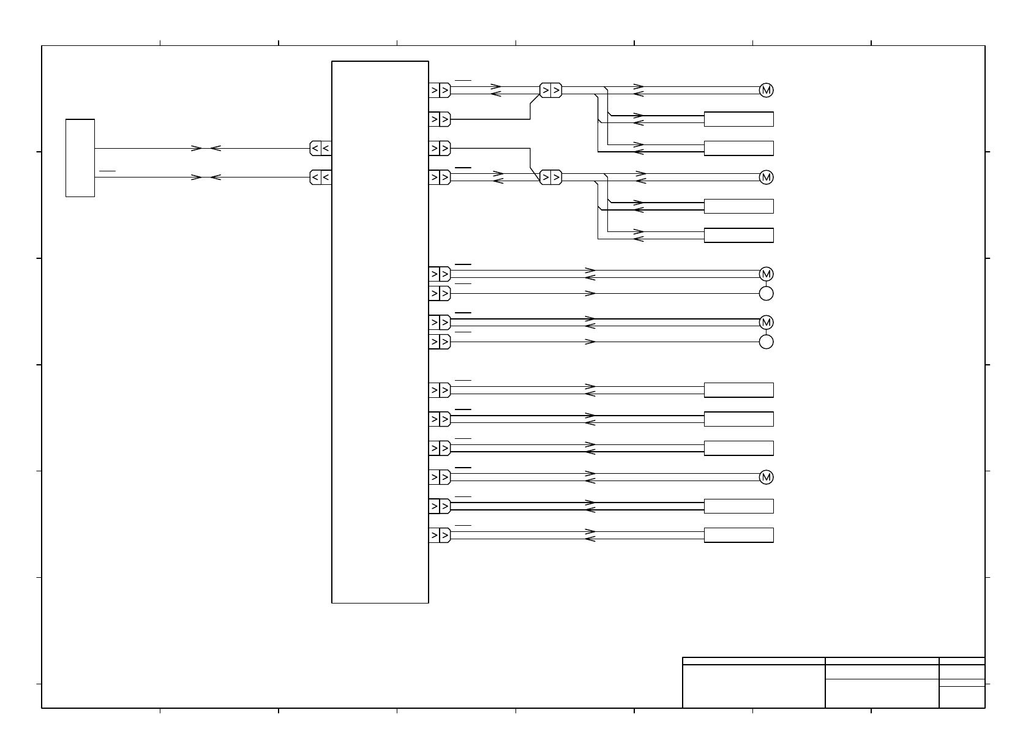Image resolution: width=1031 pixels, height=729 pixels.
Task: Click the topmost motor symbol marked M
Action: pyautogui.click(x=766, y=90)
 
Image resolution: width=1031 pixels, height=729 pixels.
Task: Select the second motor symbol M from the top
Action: pyautogui.click(x=766, y=178)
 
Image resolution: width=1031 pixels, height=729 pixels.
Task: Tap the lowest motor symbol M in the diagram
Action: pyautogui.click(x=766, y=477)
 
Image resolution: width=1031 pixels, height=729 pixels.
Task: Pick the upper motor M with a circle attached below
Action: pyautogui.click(x=766, y=274)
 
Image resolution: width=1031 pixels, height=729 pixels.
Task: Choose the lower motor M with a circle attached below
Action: pyautogui.click(x=766, y=322)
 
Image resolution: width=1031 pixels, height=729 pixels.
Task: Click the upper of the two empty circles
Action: pyautogui.click(x=766, y=293)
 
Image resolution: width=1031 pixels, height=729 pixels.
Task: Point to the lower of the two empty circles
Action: pyautogui.click(x=766, y=342)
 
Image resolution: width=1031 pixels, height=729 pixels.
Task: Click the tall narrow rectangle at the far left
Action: pyautogui.click(x=80, y=158)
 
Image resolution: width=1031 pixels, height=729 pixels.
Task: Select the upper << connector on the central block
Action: pyautogui.click(x=321, y=148)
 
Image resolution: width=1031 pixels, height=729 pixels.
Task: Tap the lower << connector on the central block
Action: pyautogui.click(x=321, y=178)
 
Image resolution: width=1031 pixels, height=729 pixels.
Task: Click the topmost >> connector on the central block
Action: pyautogui.click(x=440, y=91)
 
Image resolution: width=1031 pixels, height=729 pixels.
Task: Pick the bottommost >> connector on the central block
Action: pyautogui.click(x=440, y=535)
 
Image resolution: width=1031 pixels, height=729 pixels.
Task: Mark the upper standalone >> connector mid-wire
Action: pyautogui.click(x=550, y=91)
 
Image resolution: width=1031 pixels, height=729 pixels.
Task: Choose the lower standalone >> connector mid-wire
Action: pyautogui.click(x=550, y=178)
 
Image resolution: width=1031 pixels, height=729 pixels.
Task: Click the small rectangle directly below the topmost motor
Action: pyautogui.click(x=738, y=119)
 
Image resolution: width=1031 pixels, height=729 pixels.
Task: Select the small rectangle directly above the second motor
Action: pyautogui.click(x=738, y=149)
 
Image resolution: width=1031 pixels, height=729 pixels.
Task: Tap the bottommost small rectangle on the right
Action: pyautogui.click(x=738, y=535)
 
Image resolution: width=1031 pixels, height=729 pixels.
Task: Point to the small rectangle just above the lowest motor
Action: pyautogui.click(x=738, y=448)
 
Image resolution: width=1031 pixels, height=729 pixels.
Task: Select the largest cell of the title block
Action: pyautogui.click(x=754, y=686)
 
